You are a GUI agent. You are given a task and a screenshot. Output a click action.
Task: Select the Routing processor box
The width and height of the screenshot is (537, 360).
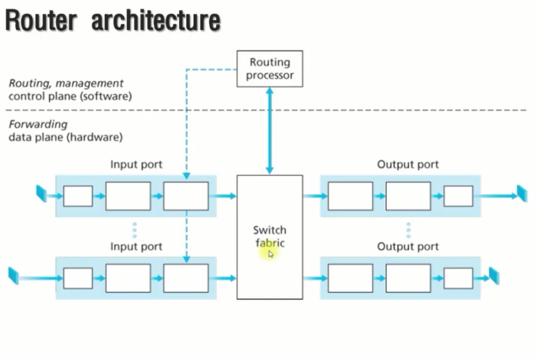270,69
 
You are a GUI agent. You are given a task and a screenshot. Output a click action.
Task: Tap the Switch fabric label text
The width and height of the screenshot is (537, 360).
270,237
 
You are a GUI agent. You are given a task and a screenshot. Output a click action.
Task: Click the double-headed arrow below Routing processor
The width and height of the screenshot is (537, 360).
270,131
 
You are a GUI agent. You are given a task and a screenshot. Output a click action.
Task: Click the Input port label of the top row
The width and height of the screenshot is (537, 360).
136,164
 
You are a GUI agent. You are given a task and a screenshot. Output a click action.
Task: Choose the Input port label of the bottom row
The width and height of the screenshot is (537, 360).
136,247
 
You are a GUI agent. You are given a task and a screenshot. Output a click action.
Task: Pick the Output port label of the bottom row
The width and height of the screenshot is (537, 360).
407,247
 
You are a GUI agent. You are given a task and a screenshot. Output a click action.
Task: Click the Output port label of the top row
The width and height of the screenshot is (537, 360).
407,164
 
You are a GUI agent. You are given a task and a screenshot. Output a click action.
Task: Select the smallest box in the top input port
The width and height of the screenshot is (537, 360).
78,196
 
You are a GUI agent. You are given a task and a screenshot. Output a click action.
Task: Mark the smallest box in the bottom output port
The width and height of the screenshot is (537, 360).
458,278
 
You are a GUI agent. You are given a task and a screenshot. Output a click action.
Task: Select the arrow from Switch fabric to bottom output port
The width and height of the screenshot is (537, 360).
315,278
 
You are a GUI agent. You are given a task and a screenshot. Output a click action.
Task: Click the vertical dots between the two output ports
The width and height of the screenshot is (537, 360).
408,229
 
